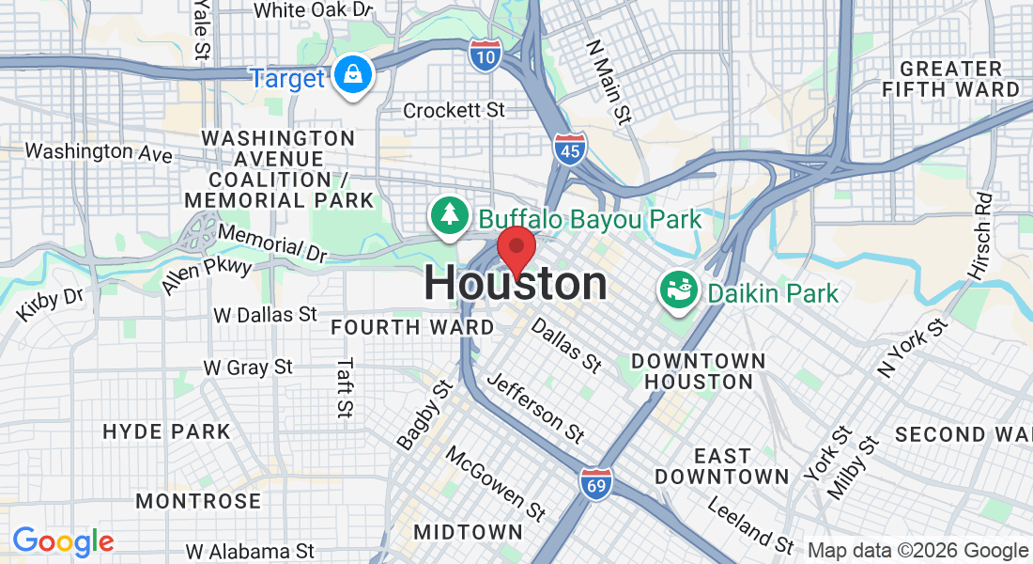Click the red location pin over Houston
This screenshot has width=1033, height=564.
click(516, 249)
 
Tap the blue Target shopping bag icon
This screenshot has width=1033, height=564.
click(353, 77)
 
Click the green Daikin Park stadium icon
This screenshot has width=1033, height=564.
click(678, 291)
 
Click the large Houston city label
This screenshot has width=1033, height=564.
click(516, 284)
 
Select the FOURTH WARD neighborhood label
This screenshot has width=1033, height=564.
click(412, 328)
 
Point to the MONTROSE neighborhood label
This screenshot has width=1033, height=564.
click(198, 501)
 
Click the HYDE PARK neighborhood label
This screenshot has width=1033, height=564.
click(166, 432)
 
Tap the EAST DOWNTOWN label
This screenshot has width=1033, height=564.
click(722, 466)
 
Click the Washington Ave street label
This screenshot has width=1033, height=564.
click(98, 151)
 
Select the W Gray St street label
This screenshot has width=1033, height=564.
click(248, 368)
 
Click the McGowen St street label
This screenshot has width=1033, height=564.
click(495, 483)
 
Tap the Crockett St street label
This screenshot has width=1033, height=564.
click(454, 111)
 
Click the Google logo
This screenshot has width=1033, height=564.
click(63, 541)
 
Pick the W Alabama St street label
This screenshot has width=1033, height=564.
click(249, 551)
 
